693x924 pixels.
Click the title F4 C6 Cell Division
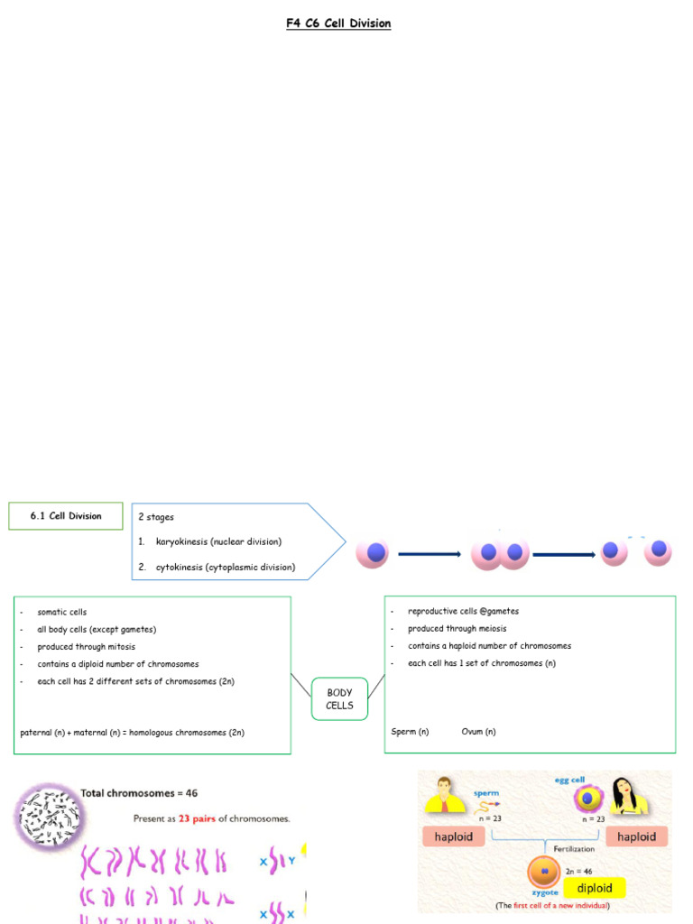(338, 23)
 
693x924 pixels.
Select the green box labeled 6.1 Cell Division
(65, 516)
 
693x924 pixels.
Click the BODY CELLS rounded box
(339, 698)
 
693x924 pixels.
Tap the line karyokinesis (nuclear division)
(218, 541)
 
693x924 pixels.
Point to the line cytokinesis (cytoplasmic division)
(225, 568)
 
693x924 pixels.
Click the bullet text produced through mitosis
(86, 647)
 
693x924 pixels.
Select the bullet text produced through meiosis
(457, 628)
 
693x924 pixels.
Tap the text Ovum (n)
(478, 732)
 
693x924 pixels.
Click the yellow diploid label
(595, 888)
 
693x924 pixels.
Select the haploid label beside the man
(455, 836)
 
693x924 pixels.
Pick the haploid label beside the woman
(636, 836)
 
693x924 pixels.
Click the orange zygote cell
(545, 872)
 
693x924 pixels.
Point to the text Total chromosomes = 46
(139, 793)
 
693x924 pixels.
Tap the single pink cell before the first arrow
(373, 553)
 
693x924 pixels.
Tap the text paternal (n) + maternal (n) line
(132, 733)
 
